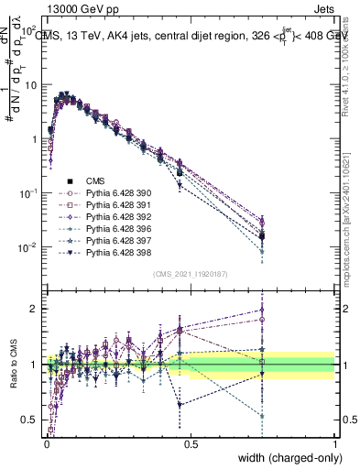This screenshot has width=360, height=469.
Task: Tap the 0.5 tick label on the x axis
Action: [x=191, y=443]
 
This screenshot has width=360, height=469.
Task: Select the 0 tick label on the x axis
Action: [x=46, y=443]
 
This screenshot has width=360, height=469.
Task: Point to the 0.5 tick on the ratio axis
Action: [x=29, y=420]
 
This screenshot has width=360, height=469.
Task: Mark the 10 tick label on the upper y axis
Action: [x=29, y=85]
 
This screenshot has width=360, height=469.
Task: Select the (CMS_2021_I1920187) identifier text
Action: [x=191, y=274]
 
